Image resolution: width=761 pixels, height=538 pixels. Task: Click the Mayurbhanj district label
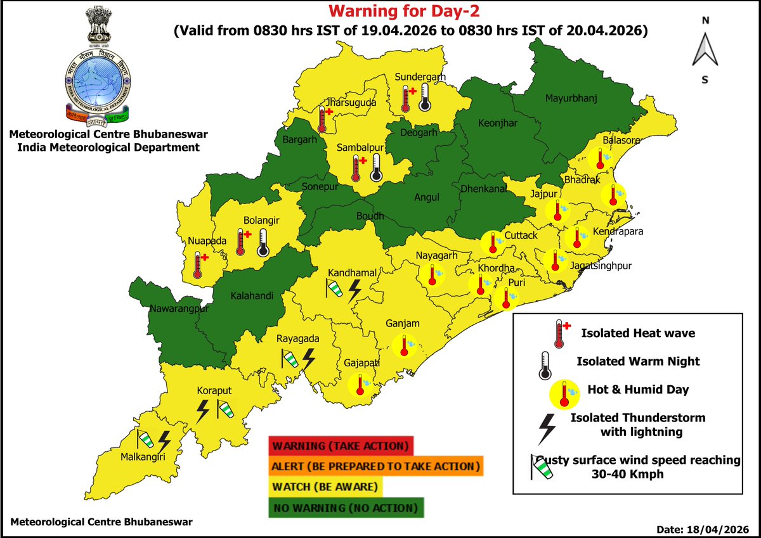tap(571, 98)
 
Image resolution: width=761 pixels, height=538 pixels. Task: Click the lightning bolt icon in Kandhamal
tap(355, 290)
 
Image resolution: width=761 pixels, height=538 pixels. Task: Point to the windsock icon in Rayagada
tap(289, 359)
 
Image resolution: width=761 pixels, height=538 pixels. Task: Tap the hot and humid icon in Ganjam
tap(404, 345)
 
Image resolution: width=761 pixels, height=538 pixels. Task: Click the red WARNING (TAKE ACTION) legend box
tap(341, 445)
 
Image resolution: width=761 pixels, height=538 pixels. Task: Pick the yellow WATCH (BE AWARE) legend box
tap(326, 487)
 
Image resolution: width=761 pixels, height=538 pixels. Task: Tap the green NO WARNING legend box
tap(345, 508)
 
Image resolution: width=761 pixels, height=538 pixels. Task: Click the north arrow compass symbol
tap(705, 50)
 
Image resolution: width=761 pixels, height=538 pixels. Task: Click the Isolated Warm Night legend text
tap(638, 361)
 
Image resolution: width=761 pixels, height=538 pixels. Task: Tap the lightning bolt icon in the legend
tap(546, 429)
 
